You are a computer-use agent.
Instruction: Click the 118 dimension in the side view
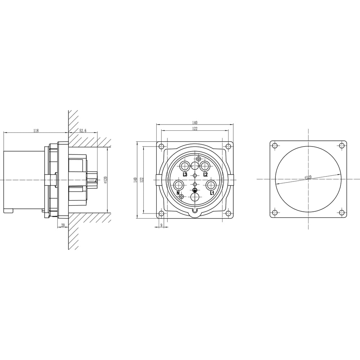pos(36,131)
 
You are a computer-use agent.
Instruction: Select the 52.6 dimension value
pos(83,131)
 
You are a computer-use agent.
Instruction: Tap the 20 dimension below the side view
pos(63,225)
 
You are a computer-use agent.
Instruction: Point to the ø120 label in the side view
pos(105,180)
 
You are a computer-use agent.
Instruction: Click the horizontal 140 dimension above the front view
pos(195,123)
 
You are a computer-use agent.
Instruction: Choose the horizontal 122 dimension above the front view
pos(195,129)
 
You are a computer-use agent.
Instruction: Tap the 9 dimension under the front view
pos(161,225)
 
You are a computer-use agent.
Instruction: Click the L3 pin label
pos(185,175)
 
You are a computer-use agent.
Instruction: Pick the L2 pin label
pos(206,175)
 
